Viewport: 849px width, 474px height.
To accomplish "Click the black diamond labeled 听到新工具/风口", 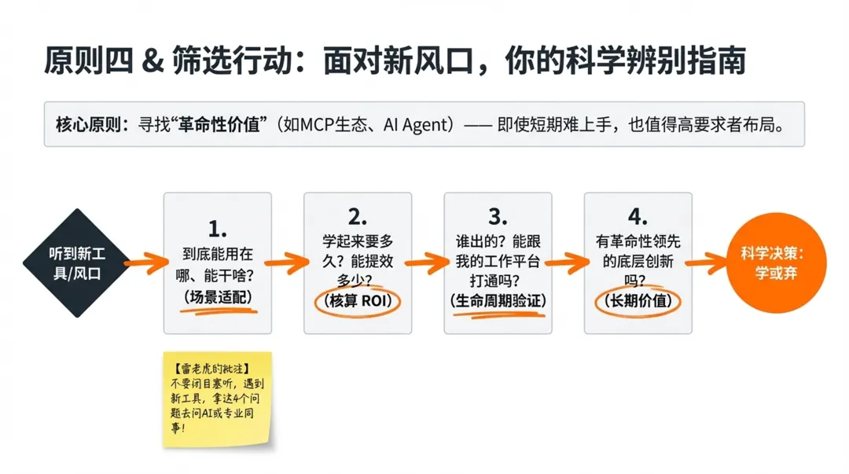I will pyautogui.click(x=75, y=263).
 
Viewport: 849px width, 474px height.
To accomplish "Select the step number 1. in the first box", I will pyautogui.click(x=218, y=229).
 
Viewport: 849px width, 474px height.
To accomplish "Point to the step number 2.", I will pyautogui.click(x=358, y=217).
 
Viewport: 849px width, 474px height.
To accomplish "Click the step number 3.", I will pyautogui.click(x=498, y=217).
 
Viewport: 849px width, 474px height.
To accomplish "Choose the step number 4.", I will pyautogui.click(x=638, y=217).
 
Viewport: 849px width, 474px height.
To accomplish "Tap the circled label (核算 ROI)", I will pyautogui.click(x=358, y=301).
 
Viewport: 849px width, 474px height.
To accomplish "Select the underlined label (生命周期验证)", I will pyautogui.click(x=498, y=301).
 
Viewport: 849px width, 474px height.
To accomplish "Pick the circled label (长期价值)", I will pyautogui.click(x=638, y=301).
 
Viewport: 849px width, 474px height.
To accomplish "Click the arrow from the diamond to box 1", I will pyautogui.click(x=143, y=263).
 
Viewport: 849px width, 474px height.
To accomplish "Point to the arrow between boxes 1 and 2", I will pyautogui.click(x=287, y=263).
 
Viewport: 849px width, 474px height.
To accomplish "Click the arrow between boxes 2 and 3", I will pyautogui.click(x=427, y=263).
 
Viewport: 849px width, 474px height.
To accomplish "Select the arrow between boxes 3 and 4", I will pyautogui.click(x=567, y=263).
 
